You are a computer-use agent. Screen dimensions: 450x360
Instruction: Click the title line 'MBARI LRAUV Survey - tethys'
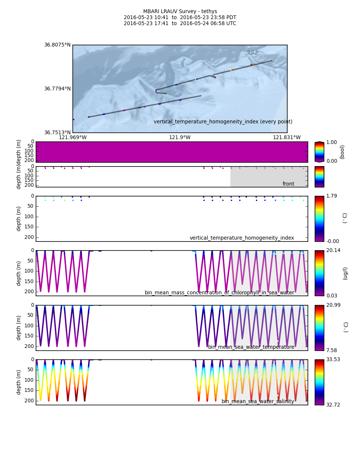tap(180, 12)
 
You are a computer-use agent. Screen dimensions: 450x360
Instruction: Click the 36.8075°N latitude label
tap(57, 45)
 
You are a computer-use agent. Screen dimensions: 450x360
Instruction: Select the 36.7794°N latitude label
tap(57, 89)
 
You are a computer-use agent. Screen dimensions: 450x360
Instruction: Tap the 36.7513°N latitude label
tap(57, 132)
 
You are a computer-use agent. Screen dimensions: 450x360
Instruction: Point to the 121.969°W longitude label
tap(73, 138)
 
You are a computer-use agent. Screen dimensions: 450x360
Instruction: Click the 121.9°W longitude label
tap(180, 138)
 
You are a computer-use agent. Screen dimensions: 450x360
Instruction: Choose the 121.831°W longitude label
tap(286, 138)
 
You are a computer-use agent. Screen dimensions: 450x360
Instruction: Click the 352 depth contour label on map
tap(252, 53)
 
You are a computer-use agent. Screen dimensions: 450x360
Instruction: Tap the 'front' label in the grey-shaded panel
tap(288, 184)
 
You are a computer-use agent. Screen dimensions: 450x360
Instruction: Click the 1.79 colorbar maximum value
tap(331, 196)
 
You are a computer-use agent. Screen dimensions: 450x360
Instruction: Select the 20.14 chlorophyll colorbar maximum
tap(333, 250)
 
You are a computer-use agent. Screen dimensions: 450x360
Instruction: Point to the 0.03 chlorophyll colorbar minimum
tap(331, 296)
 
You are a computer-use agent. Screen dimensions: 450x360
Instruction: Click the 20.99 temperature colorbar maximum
tap(333, 305)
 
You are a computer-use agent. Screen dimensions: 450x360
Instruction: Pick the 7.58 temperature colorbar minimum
tap(331, 351)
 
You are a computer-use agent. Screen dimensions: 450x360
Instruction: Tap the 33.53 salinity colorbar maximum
tap(333, 360)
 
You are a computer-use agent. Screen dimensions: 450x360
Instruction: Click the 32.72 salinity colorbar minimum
tap(333, 405)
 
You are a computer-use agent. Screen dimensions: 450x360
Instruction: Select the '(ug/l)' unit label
tap(345, 273)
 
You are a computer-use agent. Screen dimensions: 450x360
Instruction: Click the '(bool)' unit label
tap(342, 152)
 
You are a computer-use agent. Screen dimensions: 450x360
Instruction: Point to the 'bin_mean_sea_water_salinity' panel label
tap(258, 402)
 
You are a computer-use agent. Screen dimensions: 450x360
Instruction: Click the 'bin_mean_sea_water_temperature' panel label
tap(251, 347)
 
